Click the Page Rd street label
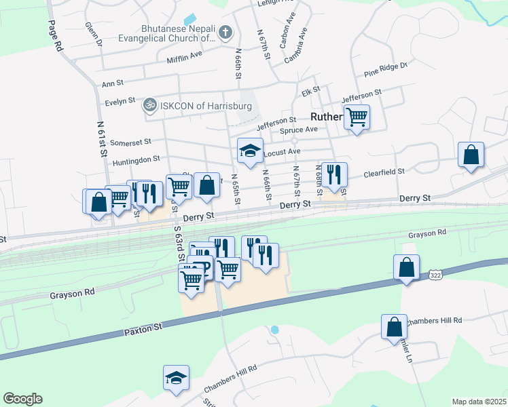tap(56, 36)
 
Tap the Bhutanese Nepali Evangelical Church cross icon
tap(225, 32)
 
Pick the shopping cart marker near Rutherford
tap(357, 117)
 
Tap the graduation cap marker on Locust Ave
tap(250, 151)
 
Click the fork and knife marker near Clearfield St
tap(333, 174)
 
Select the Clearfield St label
tap(385, 173)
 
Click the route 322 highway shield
tap(435, 274)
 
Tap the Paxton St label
tap(143, 330)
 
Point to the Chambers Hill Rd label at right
tap(435, 321)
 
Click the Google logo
tap(22, 399)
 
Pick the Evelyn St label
tap(121, 103)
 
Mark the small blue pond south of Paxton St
tap(274, 330)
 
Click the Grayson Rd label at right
tap(428, 233)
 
